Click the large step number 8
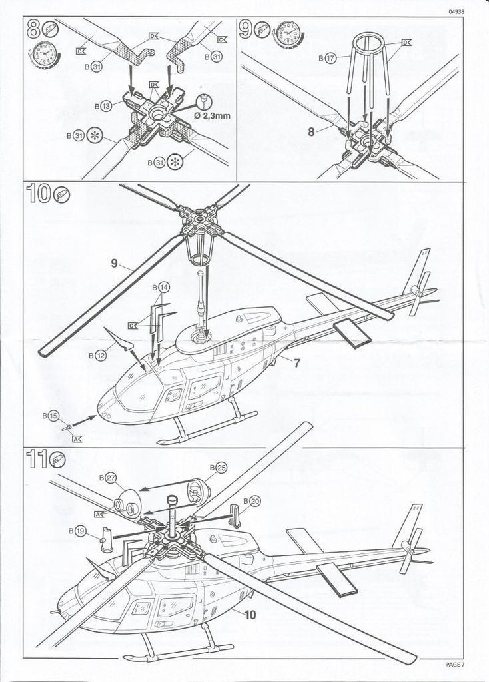(x=34, y=29)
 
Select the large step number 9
(x=247, y=29)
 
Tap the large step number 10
(x=39, y=196)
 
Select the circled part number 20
(x=255, y=500)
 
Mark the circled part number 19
(x=80, y=531)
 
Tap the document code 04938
(x=456, y=11)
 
